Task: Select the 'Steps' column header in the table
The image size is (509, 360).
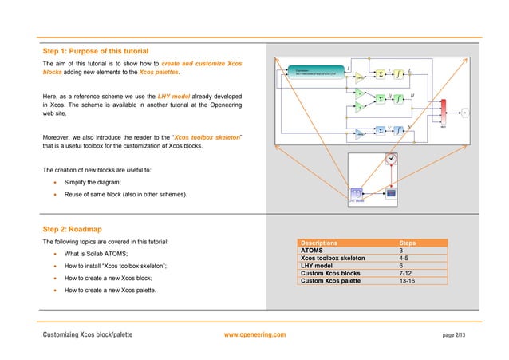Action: point(408,243)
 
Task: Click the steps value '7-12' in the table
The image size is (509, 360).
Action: point(407,273)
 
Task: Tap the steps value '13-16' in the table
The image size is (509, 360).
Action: point(408,280)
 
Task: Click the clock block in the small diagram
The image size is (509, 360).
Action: point(391,158)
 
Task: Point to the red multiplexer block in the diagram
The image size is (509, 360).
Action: point(443,112)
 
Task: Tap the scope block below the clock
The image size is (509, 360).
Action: point(391,193)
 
